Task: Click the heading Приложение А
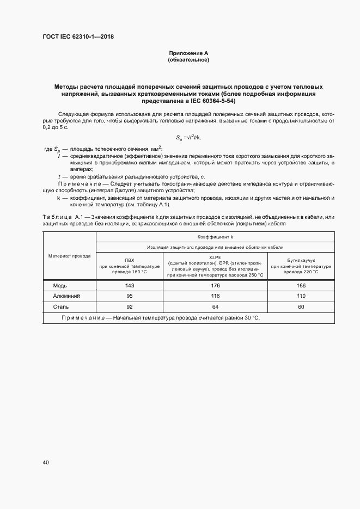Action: tap(188, 53)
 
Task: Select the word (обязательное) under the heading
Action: tap(188, 60)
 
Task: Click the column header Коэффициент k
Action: tap(215, 237)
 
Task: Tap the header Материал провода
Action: tap(69, 255)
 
